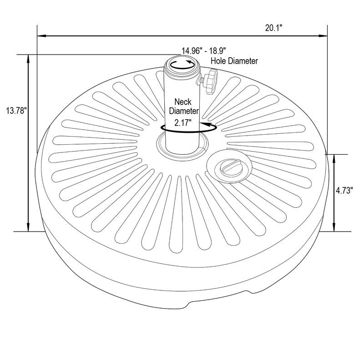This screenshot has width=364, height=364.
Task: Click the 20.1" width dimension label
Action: click(273, 28)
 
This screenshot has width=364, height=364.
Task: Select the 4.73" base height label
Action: click(344, 190)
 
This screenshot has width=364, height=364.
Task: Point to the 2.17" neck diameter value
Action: click(183, 122)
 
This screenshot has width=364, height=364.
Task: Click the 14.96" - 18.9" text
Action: click(203, 51)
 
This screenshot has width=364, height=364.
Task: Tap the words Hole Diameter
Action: click(234, 61)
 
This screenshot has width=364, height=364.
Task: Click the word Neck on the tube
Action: click(183, 101)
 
